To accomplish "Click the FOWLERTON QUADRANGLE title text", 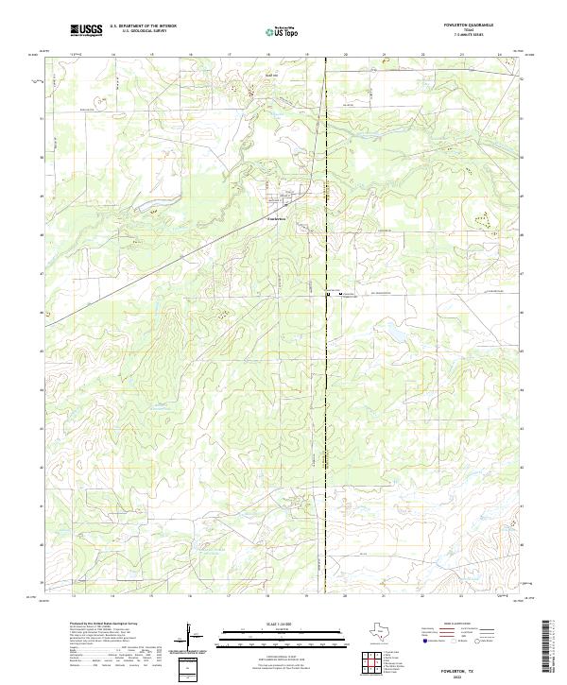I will pyautogui.click(x=474, y=26).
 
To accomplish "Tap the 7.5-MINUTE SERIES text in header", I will pyautogui.click(x=474, y=37).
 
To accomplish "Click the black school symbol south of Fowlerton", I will pyautogui.click(x=329, y=295).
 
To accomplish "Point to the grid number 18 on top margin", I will pyautogui.click(x=269, y=55).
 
